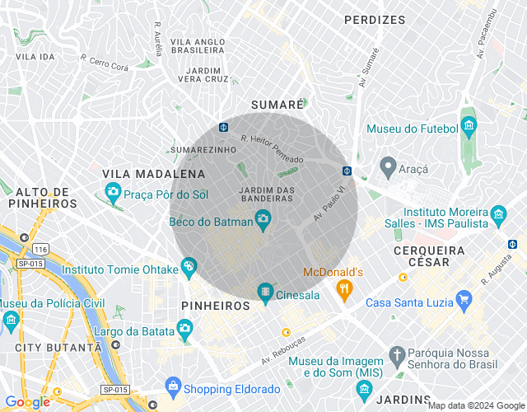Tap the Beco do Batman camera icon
263,218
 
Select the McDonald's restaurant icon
344,288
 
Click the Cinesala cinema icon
265,291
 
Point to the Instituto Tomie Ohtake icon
189,265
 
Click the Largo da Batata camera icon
184,331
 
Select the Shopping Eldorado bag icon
173,386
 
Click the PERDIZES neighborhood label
375,19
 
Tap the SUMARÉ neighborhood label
277,105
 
